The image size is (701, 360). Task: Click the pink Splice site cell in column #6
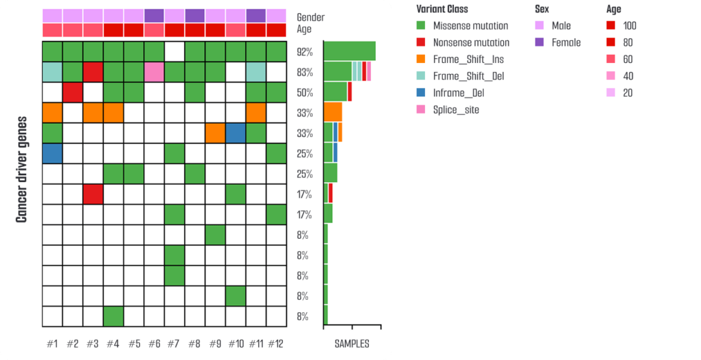154,72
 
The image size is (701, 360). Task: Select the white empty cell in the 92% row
175,52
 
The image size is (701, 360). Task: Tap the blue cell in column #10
235,133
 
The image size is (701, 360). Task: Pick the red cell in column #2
73,92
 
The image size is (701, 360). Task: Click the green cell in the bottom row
114,316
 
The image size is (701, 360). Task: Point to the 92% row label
305,52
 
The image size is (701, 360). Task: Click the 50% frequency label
305,92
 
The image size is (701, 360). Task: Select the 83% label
305,72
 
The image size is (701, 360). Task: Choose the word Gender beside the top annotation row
311,17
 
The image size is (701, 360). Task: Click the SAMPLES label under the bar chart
352,344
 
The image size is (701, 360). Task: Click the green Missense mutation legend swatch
421,26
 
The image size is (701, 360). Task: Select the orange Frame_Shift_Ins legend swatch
421,60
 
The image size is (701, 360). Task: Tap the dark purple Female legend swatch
539,42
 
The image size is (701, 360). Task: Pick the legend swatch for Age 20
611,93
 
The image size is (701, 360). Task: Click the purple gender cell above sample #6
154,15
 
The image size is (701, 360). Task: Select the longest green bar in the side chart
349,51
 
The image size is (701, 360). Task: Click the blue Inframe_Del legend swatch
421,93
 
